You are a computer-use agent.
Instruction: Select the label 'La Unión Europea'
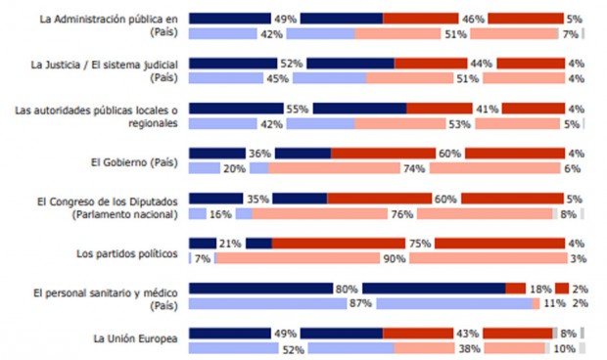tap(136, 338)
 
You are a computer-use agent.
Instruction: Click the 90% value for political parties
tap(394, 259)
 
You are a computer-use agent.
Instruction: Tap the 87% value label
tap(360, 303)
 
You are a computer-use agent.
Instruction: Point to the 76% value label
tap(400, 214)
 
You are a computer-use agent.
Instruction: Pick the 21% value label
tap(230, 244)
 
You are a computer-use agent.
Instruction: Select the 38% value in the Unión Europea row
tap(469, 348)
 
